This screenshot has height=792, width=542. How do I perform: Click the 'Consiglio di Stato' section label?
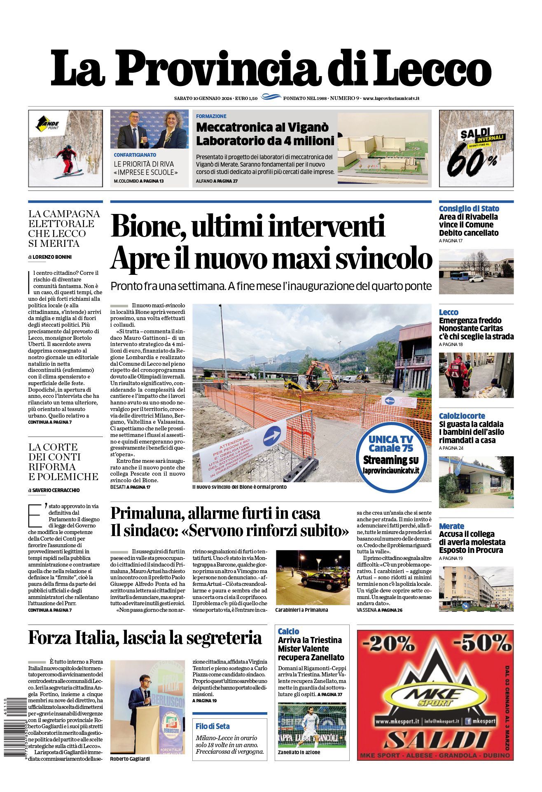coord(469,209)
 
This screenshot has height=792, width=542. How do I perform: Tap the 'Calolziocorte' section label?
coord(462,416)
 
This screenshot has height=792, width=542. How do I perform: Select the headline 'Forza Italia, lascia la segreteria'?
coord(145,638)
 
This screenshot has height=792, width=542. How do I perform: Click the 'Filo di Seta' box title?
coord(213,726)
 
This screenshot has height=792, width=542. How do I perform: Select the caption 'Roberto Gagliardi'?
coord(130,759)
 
